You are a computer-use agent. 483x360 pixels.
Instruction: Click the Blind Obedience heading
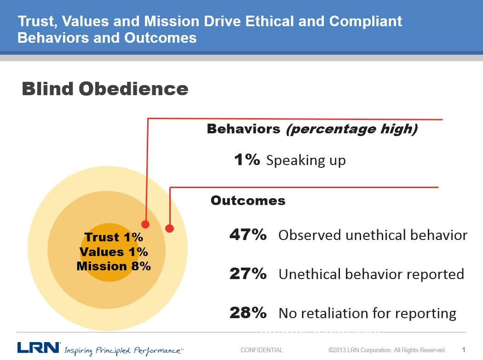pos(105,89)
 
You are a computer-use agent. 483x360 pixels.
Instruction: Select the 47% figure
pos(248,234)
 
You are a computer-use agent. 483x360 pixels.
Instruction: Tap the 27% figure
pos(248,274)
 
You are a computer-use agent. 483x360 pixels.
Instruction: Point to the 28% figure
pos(248,313)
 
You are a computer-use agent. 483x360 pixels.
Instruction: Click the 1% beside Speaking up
pos(247,160)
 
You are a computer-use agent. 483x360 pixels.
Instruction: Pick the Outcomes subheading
pos(248,200)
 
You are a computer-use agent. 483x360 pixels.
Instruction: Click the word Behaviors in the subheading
pos(243,129)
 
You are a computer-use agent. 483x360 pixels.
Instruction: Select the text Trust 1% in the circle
pos(114,237)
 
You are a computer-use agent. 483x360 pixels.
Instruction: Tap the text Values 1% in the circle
pos(114,252)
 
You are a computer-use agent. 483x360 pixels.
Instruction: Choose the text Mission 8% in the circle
pos(114,266)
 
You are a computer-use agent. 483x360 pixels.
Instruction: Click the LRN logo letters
pos(39,348)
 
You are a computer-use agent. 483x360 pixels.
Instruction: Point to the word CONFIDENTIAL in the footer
pos(262,350)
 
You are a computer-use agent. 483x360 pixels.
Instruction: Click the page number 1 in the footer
pos(464,350)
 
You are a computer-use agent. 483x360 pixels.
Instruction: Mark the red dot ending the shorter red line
pos(169,228)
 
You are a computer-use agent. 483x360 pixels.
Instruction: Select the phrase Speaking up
pos(306,160)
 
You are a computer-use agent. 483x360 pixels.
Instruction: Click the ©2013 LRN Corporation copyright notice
pos(387,350)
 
